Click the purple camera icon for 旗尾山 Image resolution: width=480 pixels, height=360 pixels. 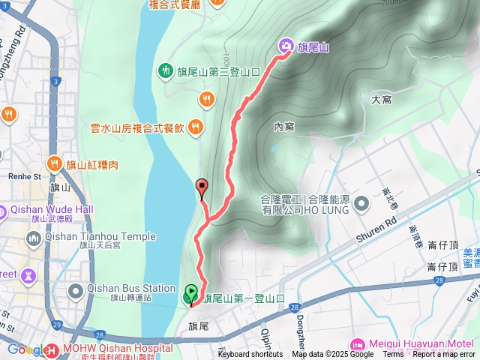point(286,47)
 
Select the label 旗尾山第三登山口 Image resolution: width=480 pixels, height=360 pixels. point(219,71)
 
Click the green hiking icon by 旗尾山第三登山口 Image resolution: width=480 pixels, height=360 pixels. point(165,71)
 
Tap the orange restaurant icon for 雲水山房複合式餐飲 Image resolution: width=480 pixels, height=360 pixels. point(196,127)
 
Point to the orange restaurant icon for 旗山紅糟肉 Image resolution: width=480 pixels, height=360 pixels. point(55,163)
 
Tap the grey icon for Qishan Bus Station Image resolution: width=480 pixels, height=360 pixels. point(76,290)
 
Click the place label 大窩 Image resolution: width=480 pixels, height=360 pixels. point(382,99)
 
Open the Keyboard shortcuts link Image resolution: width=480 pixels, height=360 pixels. point(250,355)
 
